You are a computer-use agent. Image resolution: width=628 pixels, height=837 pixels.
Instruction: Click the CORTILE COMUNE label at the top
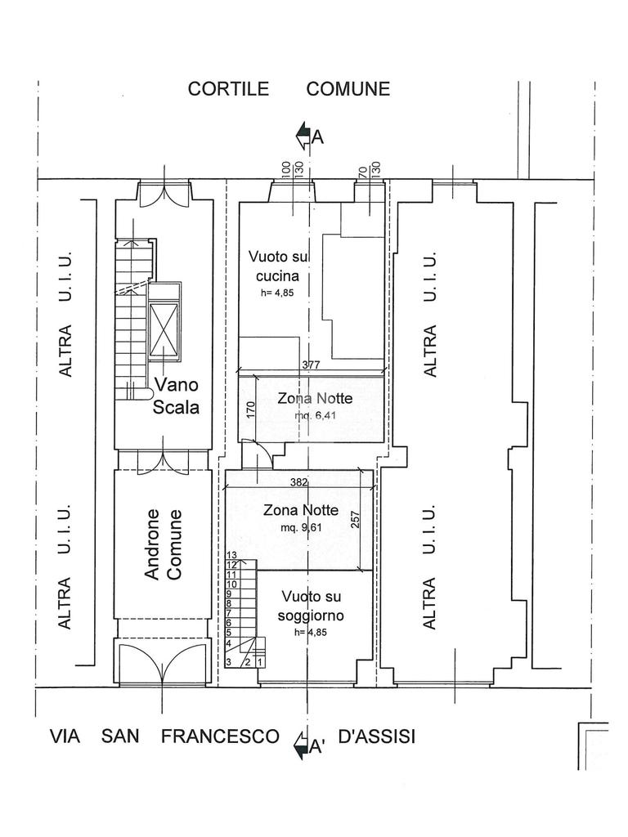pos(289,89)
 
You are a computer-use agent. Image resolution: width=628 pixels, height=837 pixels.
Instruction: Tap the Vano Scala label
pos(177,396)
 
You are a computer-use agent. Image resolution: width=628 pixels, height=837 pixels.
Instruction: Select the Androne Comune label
pos(163,544)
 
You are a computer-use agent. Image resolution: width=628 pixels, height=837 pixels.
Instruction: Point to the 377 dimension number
pos(310,365)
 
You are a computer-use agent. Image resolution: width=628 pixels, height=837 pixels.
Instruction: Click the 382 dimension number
pos(298,482)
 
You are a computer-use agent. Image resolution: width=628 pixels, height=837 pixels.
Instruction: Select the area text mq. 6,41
pos(315,415)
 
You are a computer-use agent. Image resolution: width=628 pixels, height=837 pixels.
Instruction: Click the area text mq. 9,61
pos(300,527)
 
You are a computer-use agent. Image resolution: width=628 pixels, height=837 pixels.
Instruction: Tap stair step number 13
pos(231,556)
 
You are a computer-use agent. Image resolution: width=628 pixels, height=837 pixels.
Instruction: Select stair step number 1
pos(260,662)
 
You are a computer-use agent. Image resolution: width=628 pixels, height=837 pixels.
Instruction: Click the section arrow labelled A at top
pos(304,136)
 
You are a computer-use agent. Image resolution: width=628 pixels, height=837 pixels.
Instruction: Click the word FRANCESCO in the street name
pos(220,736)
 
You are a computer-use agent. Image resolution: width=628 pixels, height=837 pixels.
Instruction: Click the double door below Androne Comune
pos(163,665)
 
